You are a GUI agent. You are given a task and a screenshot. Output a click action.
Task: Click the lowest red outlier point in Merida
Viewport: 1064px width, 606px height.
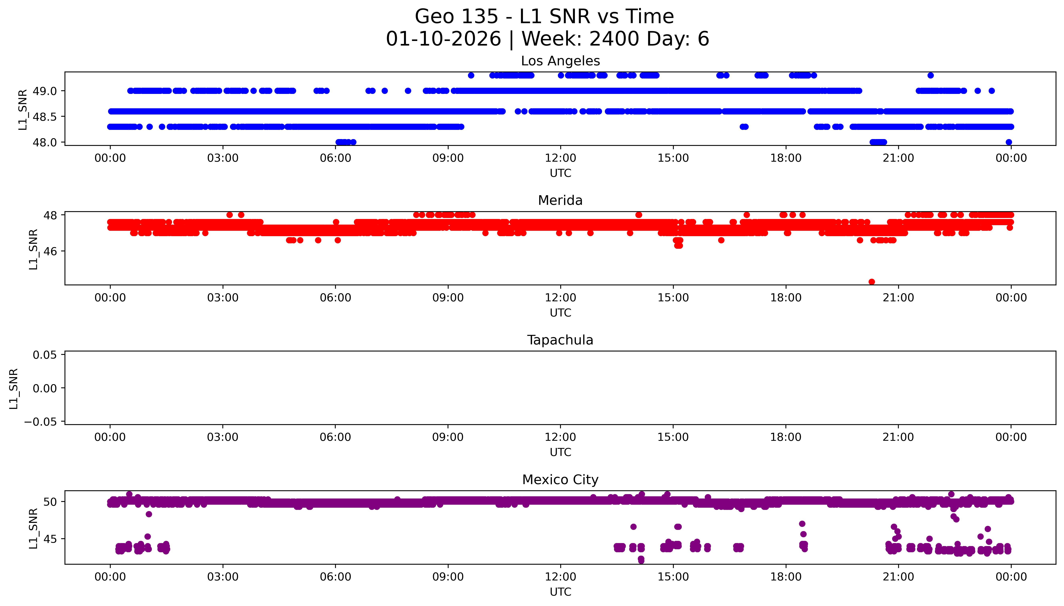tap(872, 282)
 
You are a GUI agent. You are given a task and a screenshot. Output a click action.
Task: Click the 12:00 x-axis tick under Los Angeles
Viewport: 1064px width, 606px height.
tap(560, 158)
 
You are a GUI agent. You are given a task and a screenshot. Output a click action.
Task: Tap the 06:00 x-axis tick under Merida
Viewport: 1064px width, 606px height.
tap(335, 298)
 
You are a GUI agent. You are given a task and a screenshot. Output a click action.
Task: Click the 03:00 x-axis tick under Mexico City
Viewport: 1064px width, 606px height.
tap(223, 577)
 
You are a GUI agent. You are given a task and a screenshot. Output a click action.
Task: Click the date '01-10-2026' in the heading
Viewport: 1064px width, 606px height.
tap(443, 39)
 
